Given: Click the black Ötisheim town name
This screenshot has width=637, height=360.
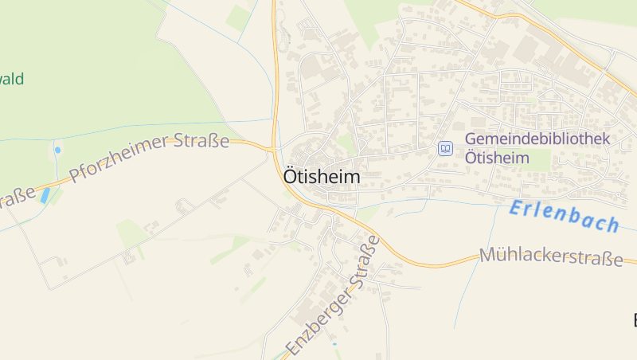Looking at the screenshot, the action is pyautogui.click(x=321, y=177).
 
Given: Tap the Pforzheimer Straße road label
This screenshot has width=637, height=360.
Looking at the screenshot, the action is pyautogui.click(x=150, y=157).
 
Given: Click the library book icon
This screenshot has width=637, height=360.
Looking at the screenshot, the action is pyautogui.click(x=446, y=148).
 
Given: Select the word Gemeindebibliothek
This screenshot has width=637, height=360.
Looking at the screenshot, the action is pyautogui.click(x=537, y=139).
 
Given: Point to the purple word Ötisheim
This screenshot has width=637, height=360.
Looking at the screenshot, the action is pyautogui.click(x=497, y=158).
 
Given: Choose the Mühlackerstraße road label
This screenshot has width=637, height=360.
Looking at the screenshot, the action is pyautogui.click(x=551, y=257).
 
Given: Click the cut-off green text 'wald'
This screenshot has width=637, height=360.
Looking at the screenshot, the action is pyautogui.click(x=12, y=79).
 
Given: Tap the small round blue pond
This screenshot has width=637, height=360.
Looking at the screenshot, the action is pyautogui.click(x=57, y=149).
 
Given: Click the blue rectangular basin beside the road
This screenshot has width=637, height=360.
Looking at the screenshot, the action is pyautogui.click(x=46, y=195).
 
